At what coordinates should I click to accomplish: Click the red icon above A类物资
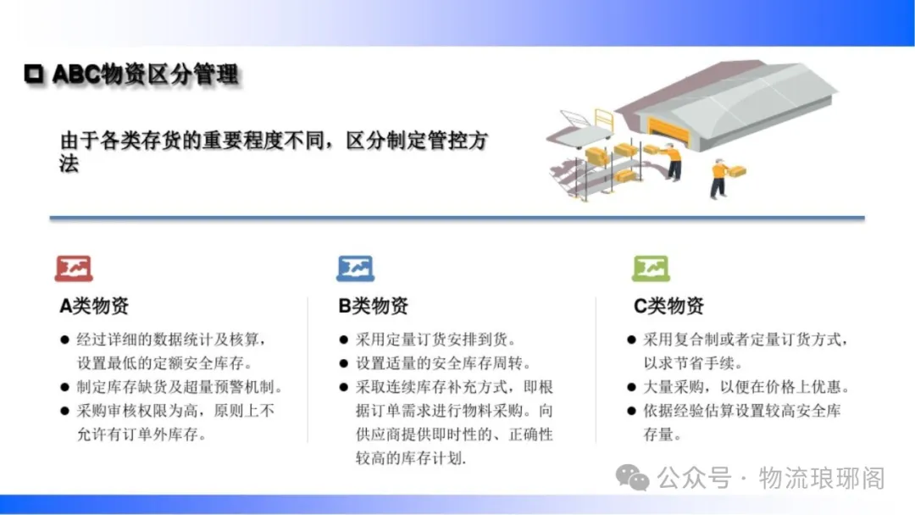74,269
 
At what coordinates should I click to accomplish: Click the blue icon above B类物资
355,269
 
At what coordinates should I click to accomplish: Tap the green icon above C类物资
651,269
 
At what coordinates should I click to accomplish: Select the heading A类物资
94,306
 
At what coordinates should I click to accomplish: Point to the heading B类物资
373,306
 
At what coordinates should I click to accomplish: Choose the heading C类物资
668,306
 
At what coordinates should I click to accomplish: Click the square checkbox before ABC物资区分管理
34,74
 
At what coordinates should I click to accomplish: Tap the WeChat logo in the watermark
633,479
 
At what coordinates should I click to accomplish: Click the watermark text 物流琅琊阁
822,479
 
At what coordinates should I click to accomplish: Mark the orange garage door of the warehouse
669,132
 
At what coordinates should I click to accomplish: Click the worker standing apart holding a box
724,178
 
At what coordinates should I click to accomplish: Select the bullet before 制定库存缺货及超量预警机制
64,387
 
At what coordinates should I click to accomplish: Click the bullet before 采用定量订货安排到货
344,340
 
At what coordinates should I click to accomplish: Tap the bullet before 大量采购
631,387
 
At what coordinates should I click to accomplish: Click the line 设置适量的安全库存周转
443,363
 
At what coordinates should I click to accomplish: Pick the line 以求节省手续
693,363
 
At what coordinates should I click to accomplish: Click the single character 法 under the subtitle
69,163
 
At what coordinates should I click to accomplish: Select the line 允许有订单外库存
141,435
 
